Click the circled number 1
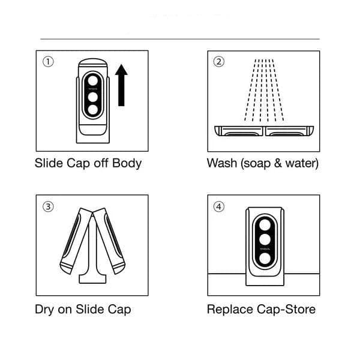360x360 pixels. pyautogui.click(x=48, y=61)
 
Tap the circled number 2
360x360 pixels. pyautogui.click(x=219, y=61)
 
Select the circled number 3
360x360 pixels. pyautogui.click(x=48, y=206)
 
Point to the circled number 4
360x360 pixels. pyautogui.click(x=219, y=206)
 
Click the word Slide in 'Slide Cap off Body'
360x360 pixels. pyautogui.click(x=49, y=163)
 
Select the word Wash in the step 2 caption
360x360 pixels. pyautogui.click(x=221, y=163)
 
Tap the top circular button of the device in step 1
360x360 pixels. pyautogui.click(x=92, y=81)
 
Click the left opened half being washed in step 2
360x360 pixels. pyautogui.click(x=239, y=130)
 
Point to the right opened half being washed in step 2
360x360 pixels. pyautogui.click(x=290, y=130)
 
